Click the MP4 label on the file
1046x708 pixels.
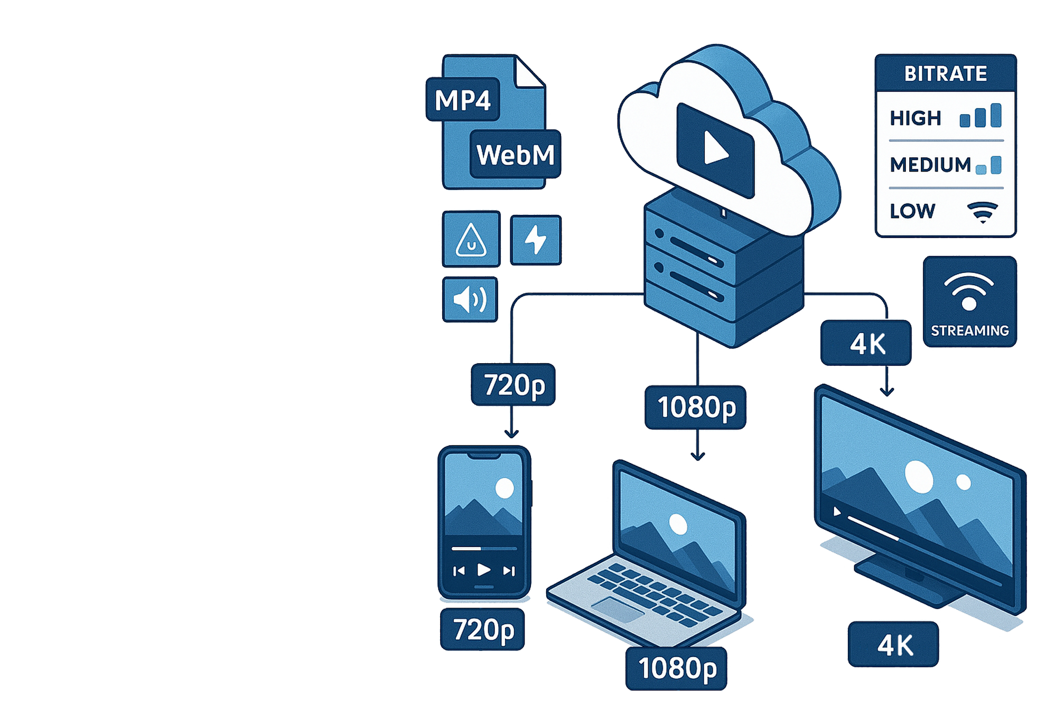pos(463,100)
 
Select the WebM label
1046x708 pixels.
pos(515,155)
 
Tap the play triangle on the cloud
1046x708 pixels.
pos(715,148)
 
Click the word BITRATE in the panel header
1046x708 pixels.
pos(945,73)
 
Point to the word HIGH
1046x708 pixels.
pos(916,118)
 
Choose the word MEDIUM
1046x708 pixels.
pos(930,165)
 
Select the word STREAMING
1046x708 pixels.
pos(969,331)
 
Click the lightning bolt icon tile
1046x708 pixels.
pos(536,240)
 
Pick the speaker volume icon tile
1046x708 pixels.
pos(470,300)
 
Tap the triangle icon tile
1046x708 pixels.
pos(471,240)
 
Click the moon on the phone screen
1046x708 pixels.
pos(505,488)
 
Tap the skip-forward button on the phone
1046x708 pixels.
pos(509,571)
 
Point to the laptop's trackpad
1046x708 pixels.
pos(617,609)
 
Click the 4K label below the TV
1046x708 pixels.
pos(893,645)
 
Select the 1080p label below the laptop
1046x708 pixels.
pos(677,668)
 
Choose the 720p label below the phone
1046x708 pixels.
pos(483,629)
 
